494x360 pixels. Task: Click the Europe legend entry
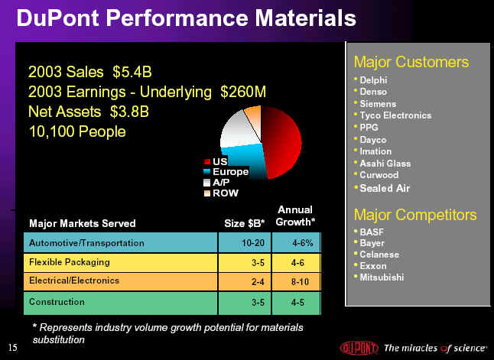click(x=226, y=172)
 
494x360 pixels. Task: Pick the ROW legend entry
click(x=221, y=193)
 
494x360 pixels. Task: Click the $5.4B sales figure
click(x=132, y=72)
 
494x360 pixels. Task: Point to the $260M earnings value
click(x=243, y=92)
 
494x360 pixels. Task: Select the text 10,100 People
click(x=77, y=131)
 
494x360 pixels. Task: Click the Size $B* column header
click(x=244, y=223)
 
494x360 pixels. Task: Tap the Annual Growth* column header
click(x=295, y=216)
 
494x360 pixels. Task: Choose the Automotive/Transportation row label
click(x=86, y=243)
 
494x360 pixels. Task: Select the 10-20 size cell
click(x=253, y=243)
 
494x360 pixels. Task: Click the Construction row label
click(x=57, y=302)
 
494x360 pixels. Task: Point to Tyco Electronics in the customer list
click(x=395, y=115)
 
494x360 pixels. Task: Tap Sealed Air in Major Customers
click(x=385, y=188)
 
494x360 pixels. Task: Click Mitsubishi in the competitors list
click(x=382, y=277)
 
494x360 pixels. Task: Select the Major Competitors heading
click(x=415, y=215)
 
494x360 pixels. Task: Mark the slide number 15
click(x=13, y=348)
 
